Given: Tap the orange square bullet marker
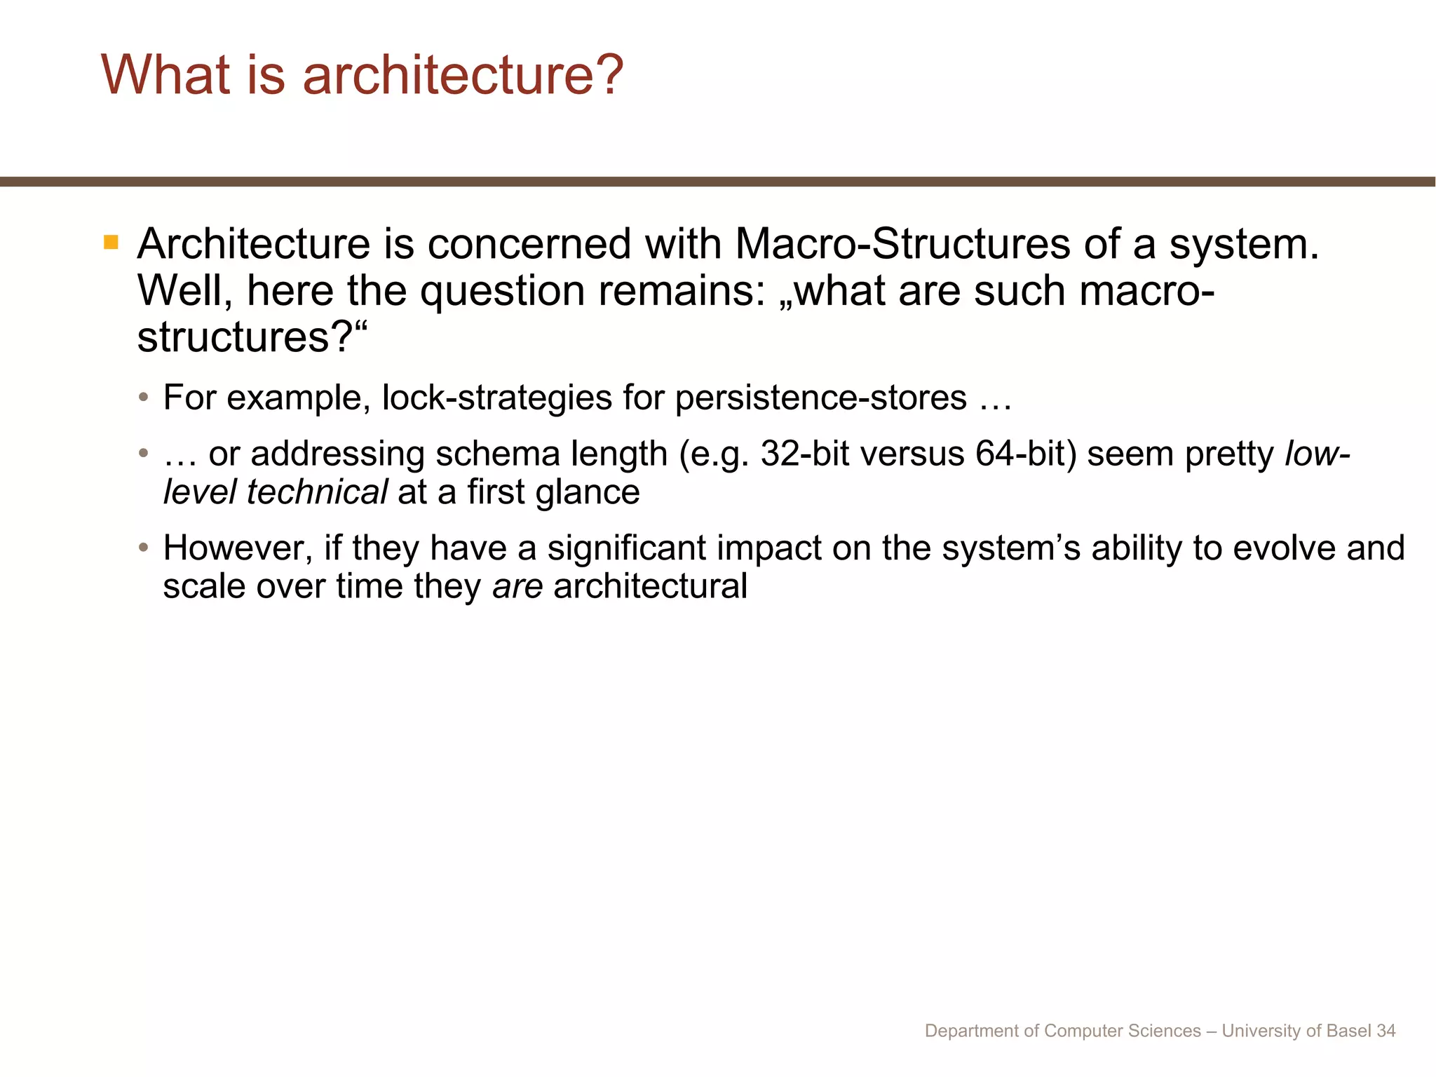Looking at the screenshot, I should coord(111,243).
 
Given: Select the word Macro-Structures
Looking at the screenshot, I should coord(902,245).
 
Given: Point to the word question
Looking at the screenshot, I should coord(502,291).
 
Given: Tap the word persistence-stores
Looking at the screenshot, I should coord(821,398).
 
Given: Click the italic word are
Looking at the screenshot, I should coord(517,587).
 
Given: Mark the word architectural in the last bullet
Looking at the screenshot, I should coord(650,587).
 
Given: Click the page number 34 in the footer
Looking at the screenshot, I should coord(1386,1031).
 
